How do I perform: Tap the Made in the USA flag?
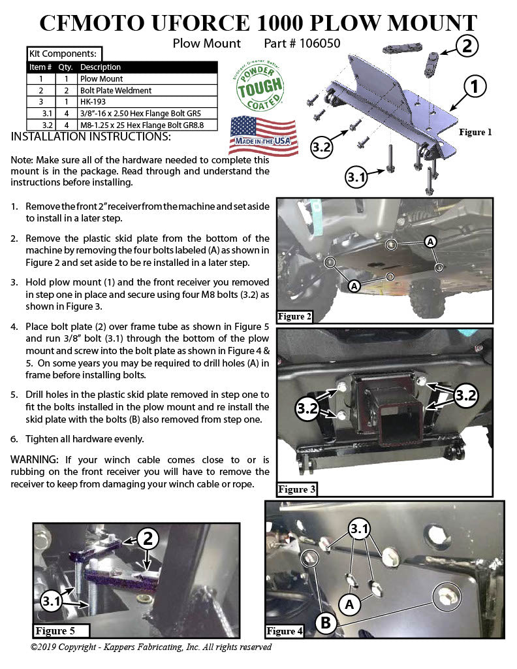click(263, 135)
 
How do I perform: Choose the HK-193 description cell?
click(92, 101)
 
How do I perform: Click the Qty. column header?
click(65, 67)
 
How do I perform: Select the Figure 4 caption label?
click(285, 631)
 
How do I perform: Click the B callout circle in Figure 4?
click(326, 623)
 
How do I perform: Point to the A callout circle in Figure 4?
click(351, 605)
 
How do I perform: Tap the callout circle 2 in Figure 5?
click(148, 538)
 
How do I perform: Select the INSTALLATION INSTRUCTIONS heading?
click(91, 137)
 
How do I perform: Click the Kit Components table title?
click(63, 53)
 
